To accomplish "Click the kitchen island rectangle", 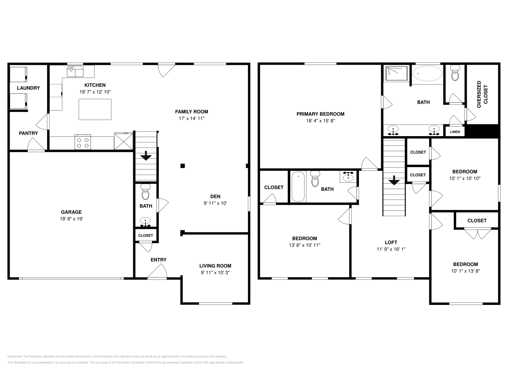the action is pos(95,109).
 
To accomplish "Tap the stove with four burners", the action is pos(83,142).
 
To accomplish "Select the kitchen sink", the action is pos(75,71).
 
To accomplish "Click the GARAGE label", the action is pos(71,212).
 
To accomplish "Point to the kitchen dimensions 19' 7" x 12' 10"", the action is pos(95,92).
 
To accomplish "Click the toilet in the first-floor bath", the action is pos(145,192).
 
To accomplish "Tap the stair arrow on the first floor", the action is pos(146,156).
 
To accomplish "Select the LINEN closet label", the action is pos(455,132).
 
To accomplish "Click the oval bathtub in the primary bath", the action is pos(427,73).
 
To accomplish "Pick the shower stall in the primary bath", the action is pos(397,73).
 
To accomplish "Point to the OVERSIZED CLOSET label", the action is pos(482,94).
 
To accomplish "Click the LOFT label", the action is pos(391,242).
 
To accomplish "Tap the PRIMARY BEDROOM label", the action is pos(320,114).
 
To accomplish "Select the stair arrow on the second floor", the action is pos(394,180).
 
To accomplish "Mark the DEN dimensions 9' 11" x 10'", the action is pos(215,203).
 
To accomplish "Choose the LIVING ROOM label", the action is pos(215,266).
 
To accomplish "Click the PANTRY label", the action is pos(28,133).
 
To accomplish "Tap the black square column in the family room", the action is pos(183,166).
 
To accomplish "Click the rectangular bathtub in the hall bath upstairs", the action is pos(298,187).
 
